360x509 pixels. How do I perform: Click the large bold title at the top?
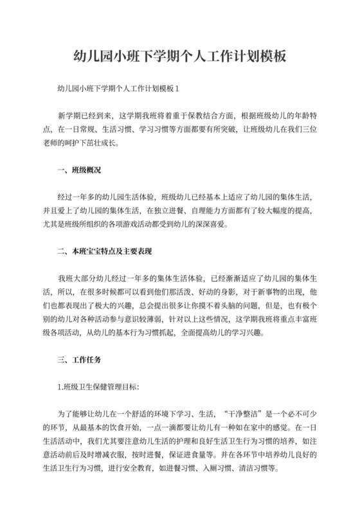[x=179, y=57]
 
